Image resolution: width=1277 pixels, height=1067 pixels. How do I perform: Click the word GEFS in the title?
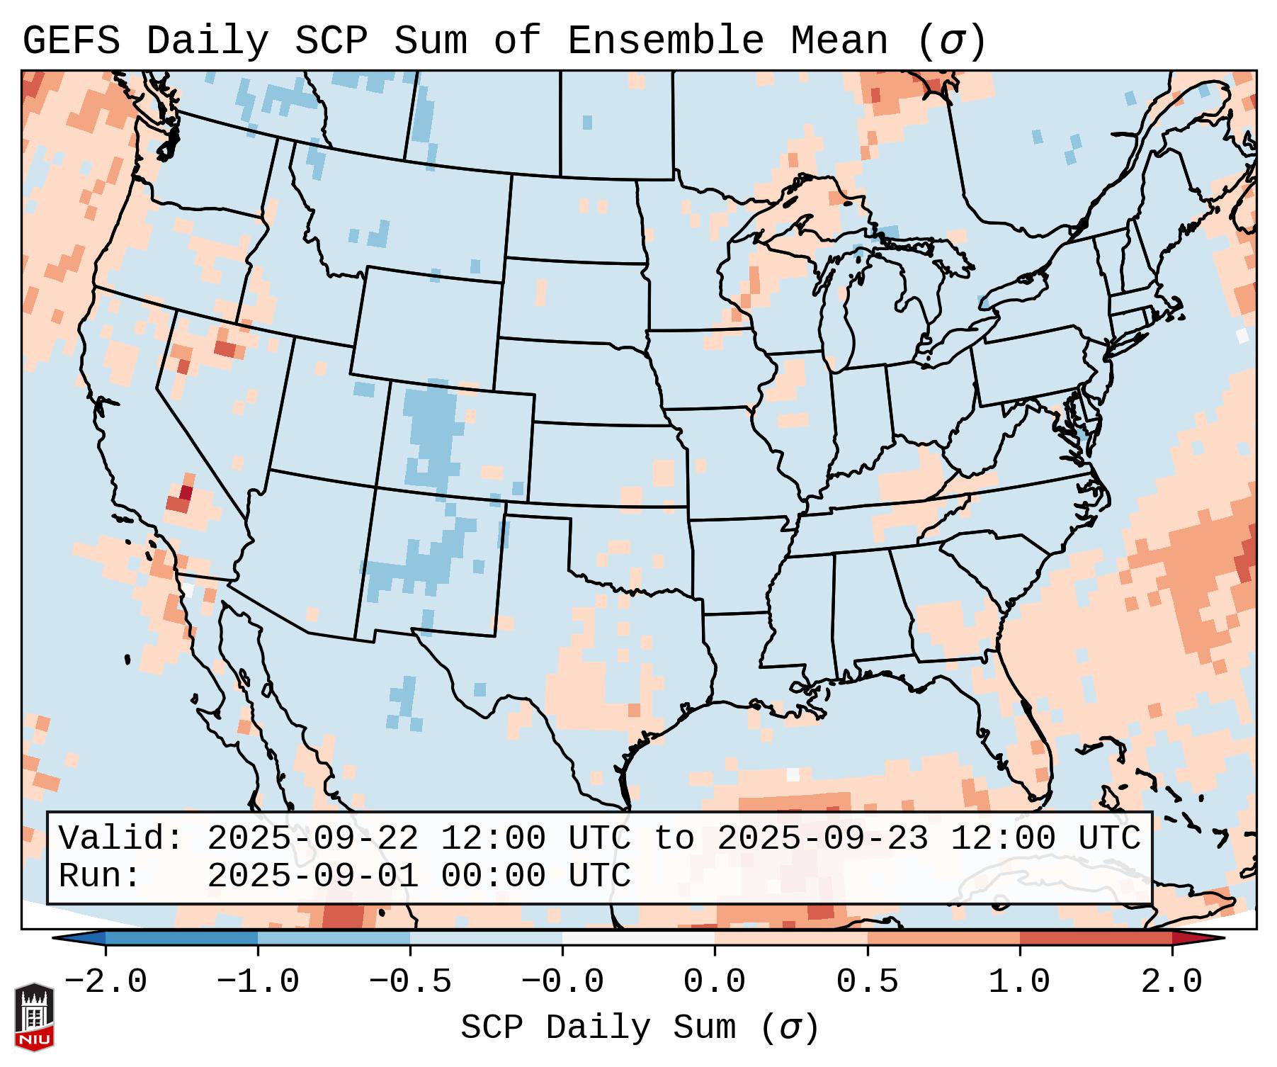(x=71, y=41)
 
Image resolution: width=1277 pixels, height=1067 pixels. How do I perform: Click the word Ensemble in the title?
(x=665, y=41)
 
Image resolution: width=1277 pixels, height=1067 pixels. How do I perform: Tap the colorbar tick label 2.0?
(x=1171, y=982)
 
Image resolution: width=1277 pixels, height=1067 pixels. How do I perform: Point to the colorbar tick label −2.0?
(x=106, y=982)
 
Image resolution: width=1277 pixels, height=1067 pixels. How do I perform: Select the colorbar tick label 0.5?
(x=867, y=982)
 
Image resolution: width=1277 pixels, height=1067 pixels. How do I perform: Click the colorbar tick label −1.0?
(x=258, y=982)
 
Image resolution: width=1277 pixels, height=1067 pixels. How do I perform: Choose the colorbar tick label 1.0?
(x=1019, y=982)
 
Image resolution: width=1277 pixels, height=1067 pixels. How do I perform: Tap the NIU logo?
(x=34, y=1017)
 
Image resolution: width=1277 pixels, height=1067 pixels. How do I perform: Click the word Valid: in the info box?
(x=121, y=838)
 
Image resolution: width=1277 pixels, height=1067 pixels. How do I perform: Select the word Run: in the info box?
(x=100, y=876)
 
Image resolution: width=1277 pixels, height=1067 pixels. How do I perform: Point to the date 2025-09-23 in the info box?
(x=822, y=838)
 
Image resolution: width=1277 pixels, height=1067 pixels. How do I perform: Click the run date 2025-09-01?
(x=312, y=876)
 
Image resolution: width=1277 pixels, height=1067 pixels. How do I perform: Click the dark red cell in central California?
(x=186, y=492)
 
